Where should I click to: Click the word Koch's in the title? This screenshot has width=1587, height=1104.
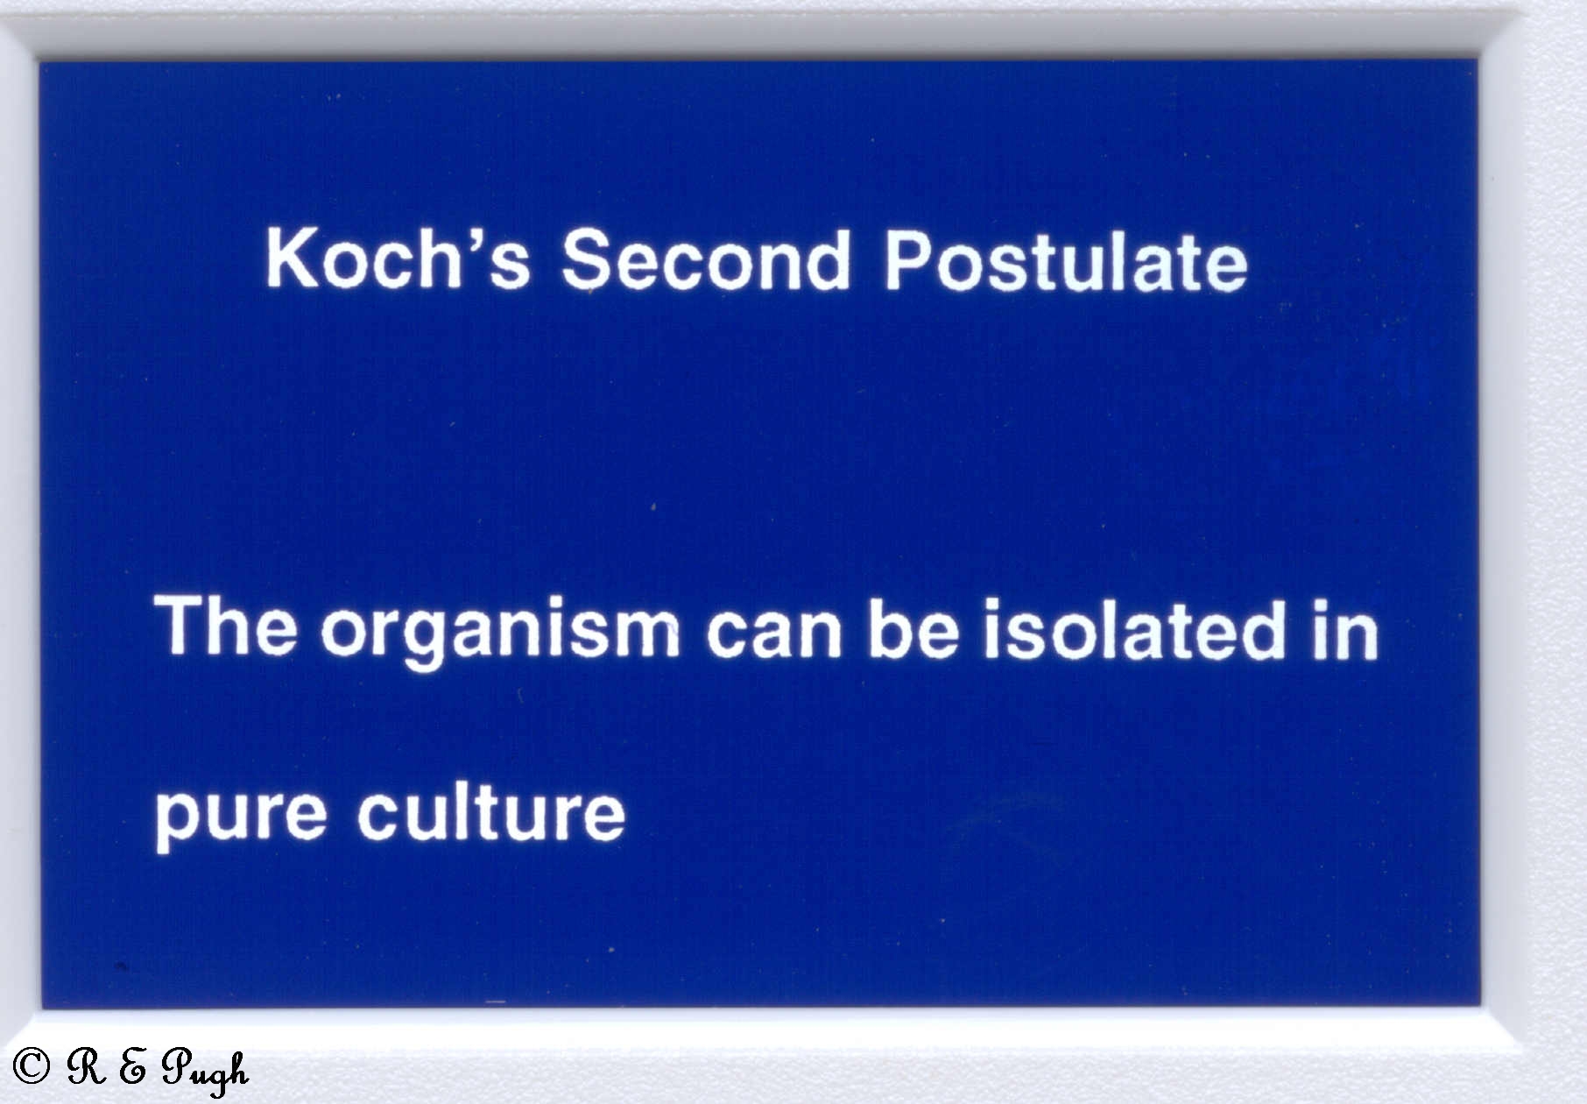(x=398, y=258)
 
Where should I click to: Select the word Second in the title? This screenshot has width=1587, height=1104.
(x=705, y=259)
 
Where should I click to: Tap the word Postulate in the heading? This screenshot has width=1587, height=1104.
(x=1065, y=260)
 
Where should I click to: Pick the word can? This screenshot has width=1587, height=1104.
(x=774, y=633)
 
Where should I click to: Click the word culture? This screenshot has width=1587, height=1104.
(x=491, y=810)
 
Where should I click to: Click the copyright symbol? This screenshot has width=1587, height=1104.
(x=32, y=1065)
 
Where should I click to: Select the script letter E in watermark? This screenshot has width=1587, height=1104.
(x=132, y=1066)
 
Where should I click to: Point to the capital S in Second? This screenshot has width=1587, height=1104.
(x=588, y=259)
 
